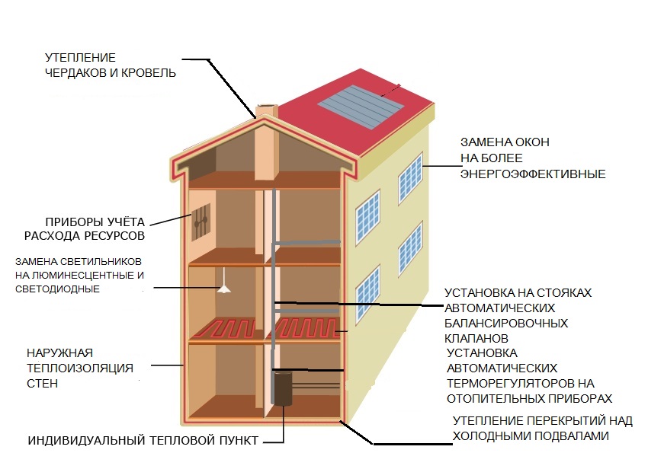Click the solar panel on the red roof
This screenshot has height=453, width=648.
tap(361, 107)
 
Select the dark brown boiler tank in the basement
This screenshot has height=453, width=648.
tap(282, 388)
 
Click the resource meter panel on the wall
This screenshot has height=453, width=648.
tap(201, 222)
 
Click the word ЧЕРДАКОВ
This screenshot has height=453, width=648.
tap(75, 73)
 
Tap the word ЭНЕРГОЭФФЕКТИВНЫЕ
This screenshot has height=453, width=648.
tap(533, 174)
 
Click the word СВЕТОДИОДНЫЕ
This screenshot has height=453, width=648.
tap(57, 289)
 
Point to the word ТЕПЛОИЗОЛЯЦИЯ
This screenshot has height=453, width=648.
tap(80, 368)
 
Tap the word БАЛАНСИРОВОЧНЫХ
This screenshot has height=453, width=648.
tap(506, 323)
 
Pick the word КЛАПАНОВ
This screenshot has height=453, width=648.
tap(476, 338)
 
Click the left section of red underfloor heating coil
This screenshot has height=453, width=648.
tap(227, 328)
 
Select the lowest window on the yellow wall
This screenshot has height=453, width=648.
tap(367, 295)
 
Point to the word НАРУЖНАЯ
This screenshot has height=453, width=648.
tap(60, 353)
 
